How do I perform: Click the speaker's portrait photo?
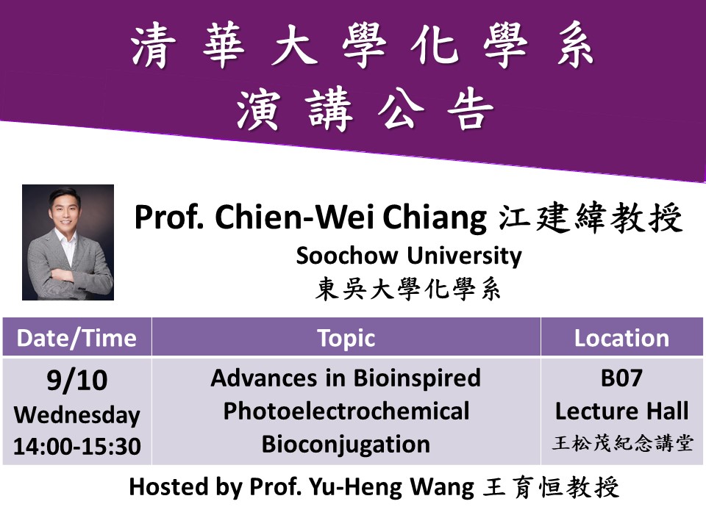pos(68,242)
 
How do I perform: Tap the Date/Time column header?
pos(76,338)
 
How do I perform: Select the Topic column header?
pos(346,339)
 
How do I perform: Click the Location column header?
pos(622,338)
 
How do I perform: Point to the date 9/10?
pos(77,380)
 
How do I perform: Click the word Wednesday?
pos(77,415)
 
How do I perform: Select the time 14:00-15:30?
pos(77,446)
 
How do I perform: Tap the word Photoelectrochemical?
pos(346,411)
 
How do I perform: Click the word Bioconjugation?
pos(346,445)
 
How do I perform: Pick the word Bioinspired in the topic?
pos(417,378)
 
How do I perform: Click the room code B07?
pos(621,378)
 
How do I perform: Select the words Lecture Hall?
pos(622,411)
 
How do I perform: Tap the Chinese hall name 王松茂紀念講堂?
pos(622,444)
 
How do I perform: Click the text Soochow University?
pos(409,256)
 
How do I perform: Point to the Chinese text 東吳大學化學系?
pos(408,289)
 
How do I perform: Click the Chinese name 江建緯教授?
pos(591,218)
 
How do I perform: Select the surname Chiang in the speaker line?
pos(435,218)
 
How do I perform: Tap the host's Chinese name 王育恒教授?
pos(551,487)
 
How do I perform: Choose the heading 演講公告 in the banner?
pos(365,109)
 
